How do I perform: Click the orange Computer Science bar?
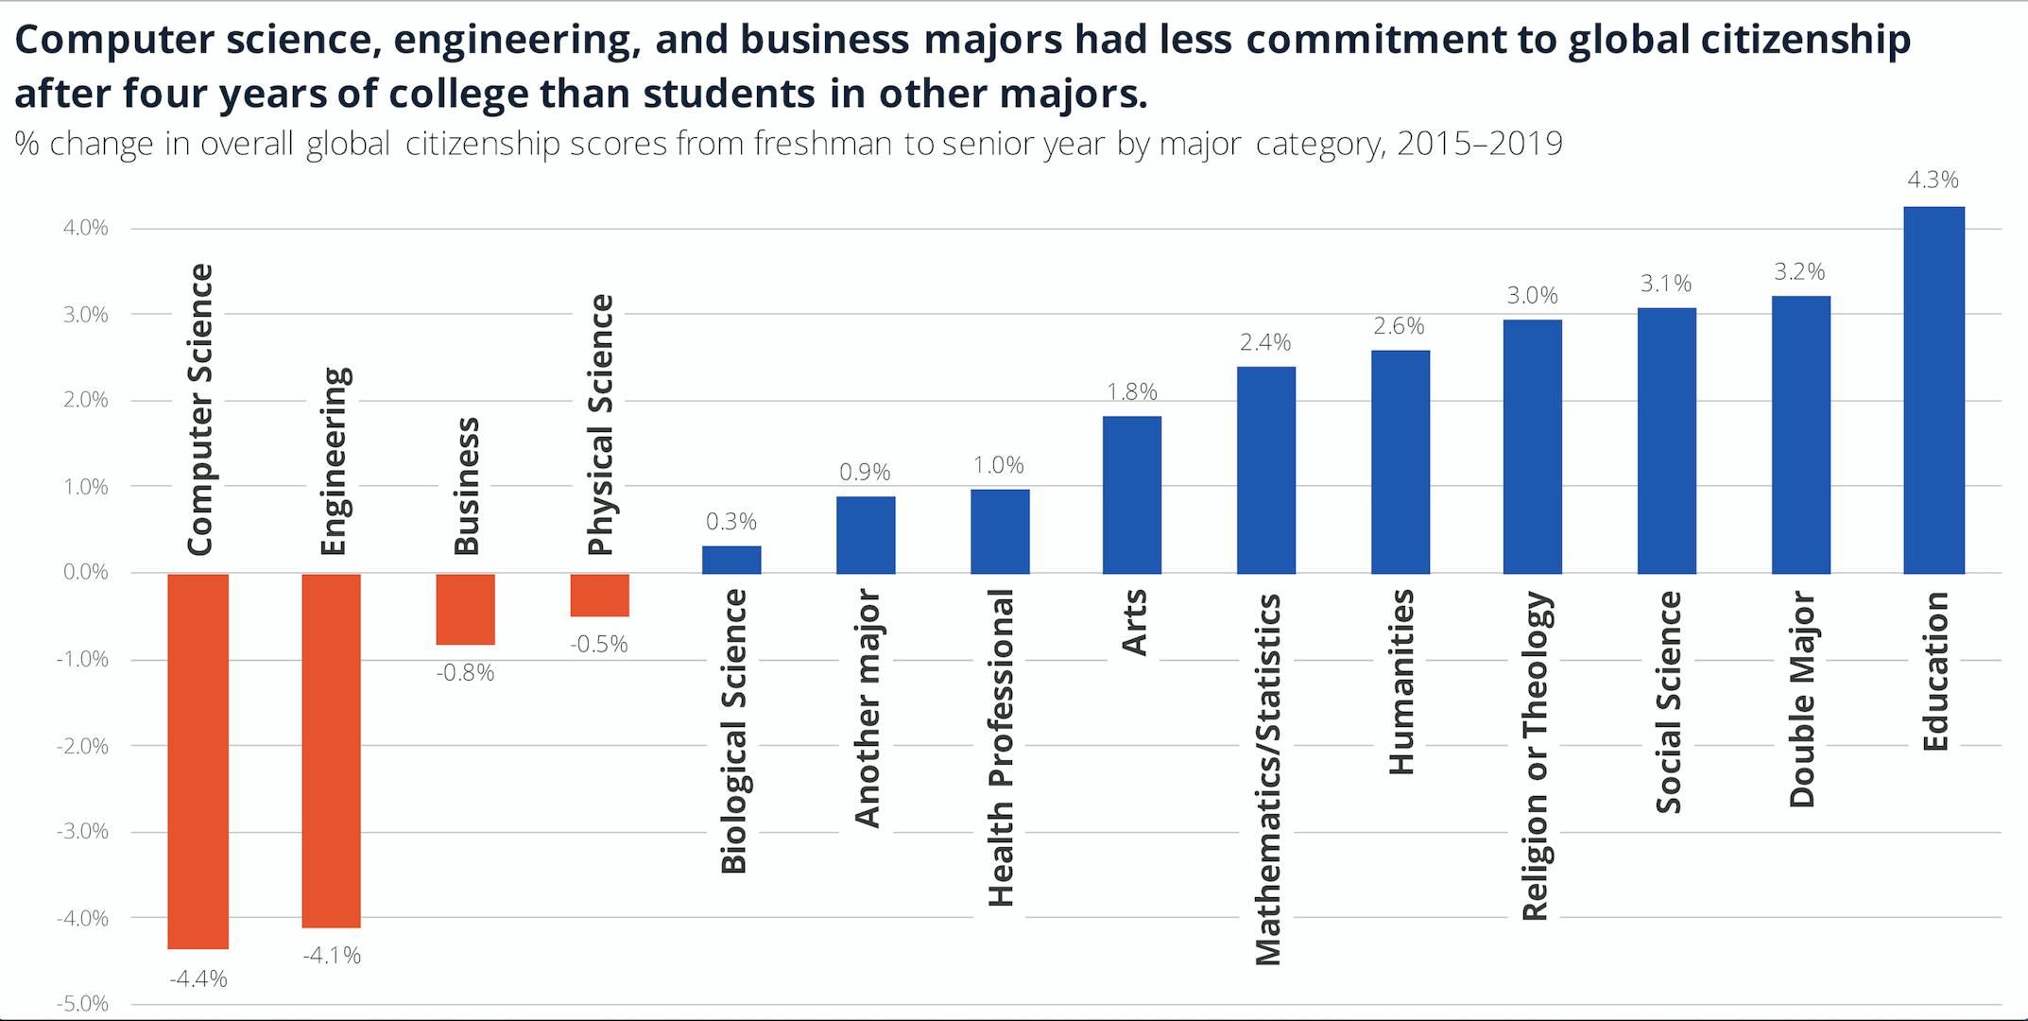pyautogui.click(x=198, y=761)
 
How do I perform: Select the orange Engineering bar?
pyautogui.click(x=331, y=751)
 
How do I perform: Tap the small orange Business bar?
pyautogui.click(x=465, y=610)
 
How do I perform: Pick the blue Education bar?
pyautogui.click(x=1933, y=389)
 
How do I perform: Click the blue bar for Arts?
pyautogui.click(x=1131, y=494)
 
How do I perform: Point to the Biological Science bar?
pyautogui.click(x=730, y=560)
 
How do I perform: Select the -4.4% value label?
pyautogui.click(x=198, y=978)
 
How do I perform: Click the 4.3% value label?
pyautogui.click(x=1933, y=180)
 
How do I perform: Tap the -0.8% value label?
pyautogui.click(x=465, y=672)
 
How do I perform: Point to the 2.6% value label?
pyautogui.click(x=1399, y=326)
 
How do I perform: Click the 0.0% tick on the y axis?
pyautogui.click(x=86, y=572)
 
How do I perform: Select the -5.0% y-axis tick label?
pyautogui.click(x=84, y=1003)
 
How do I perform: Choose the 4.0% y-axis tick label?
pyautogui.click(x=86, y=228)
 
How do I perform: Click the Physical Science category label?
pyautogui.click(x=600, y=424)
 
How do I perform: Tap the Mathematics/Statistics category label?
pyautogui.click(x=1266, y=779)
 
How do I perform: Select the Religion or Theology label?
pyautogui.click(x=1534, y=755)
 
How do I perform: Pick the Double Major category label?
pyautogui.click(x=1801, y=699)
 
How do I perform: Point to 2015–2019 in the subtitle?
pyautogui.click(x=1479, y=144)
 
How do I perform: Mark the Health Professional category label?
pyautogui.click(x=1000, y=747)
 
